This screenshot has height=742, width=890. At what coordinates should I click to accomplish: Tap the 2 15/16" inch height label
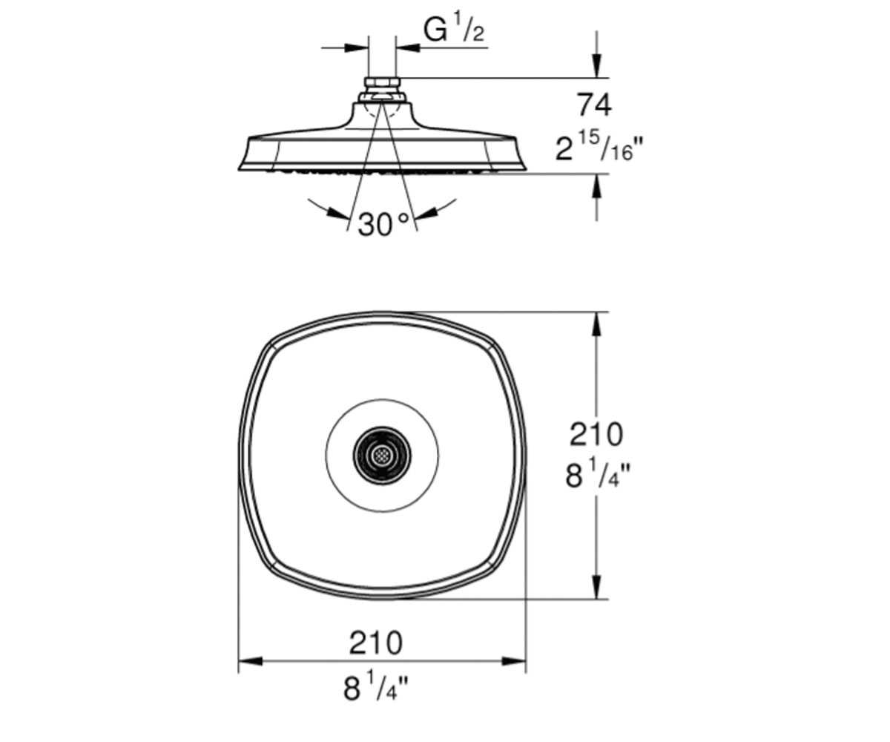tap(598, 147)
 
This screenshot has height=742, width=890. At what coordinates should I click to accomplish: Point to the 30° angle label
tap(383, 224)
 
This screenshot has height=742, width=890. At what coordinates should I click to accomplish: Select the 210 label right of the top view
tap(596, 435)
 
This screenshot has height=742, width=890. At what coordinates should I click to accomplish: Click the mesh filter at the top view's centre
tap(382, 456)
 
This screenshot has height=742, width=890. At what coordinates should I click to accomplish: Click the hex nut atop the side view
tap(381, 82)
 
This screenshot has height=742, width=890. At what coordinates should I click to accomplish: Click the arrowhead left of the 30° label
tap(338, 212)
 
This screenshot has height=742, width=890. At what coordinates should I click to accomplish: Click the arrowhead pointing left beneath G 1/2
tap(409, 47)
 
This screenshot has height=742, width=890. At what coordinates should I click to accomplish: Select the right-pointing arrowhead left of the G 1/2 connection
tap(356, 47)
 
